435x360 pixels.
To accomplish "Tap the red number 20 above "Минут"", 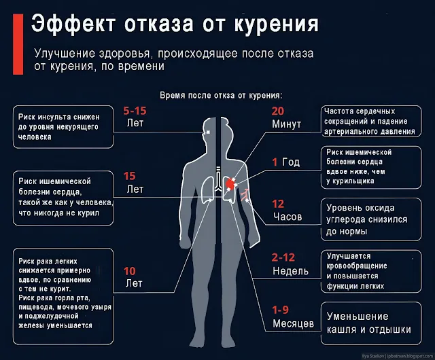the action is click(x=278, y=111).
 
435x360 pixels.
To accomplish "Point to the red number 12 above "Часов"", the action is click(x=278, y=204).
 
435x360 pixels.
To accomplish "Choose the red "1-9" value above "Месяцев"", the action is click(x=281, y=310).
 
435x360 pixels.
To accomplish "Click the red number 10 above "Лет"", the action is click(x=130, y=270).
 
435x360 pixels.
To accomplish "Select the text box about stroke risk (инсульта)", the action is click(x=63, y=126).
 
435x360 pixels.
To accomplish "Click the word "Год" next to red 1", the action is click(x=291, y=162).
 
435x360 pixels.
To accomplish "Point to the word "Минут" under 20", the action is click(x=286, y=124).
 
